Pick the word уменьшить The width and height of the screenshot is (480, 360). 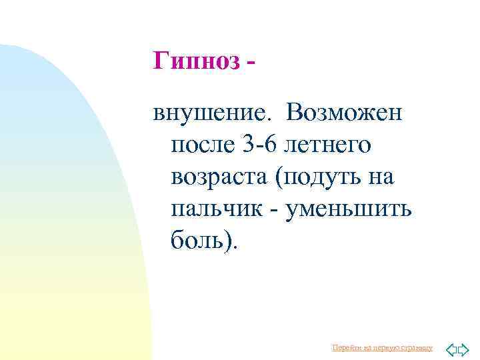click(349, 209)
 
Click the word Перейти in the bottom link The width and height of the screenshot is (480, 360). click(345, 348)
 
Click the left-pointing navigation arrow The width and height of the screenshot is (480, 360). click(451, 349)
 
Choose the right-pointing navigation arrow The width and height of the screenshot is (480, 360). click(464, 349)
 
